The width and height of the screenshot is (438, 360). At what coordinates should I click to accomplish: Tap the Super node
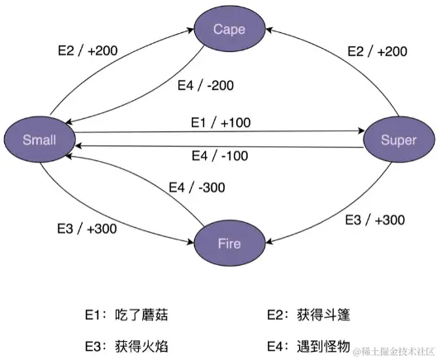(398, 140)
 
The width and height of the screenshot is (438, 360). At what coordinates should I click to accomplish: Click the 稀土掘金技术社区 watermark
(393, 352)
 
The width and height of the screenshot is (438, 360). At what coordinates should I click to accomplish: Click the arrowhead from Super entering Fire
(269, 240)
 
